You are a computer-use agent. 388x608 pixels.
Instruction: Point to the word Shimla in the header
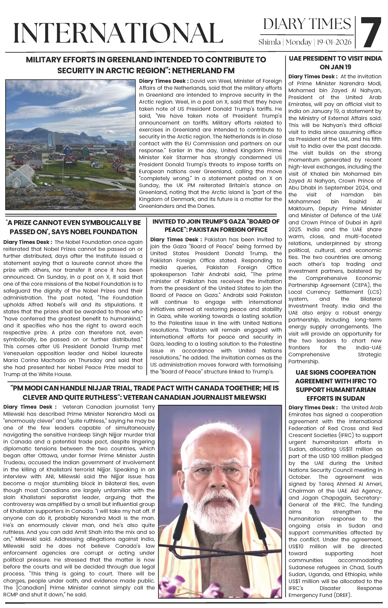point(269,42)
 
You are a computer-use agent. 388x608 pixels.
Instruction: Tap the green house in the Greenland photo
point(85,151)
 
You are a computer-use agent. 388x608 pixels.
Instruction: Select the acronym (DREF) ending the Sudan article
point(342,595)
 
